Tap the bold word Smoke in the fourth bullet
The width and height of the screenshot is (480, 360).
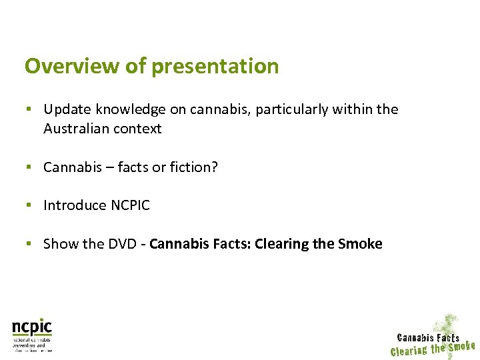(360, 244)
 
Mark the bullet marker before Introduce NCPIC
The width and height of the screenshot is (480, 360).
(29, 205)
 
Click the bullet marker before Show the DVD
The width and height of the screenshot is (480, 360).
(29, 244)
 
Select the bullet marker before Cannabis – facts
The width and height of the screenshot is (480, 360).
(29, 167)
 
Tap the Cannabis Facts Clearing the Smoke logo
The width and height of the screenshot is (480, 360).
(433, 339)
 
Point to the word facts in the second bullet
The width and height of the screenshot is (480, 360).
(133, 167)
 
